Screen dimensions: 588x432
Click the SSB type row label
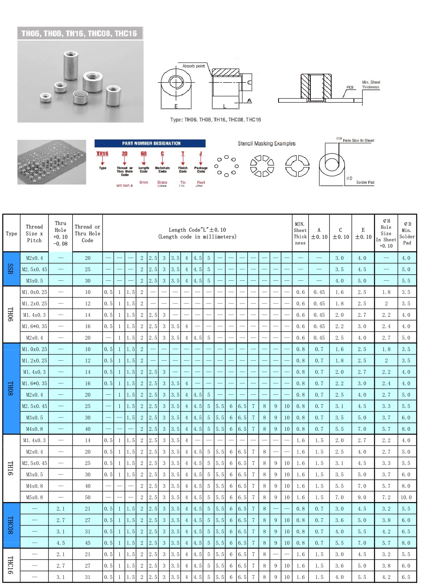point(11,269)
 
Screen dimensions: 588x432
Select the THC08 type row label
point(11,525)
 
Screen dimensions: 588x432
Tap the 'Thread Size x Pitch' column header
point(34,233)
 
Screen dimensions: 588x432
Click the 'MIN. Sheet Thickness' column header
point(300,233)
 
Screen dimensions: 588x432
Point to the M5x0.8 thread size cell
point(34,497)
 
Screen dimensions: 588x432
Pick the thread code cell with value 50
point(88,497)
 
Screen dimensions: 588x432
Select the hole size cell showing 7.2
point(386,497)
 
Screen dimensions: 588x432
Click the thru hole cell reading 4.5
point(60,543)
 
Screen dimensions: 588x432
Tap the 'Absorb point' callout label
point(194,66)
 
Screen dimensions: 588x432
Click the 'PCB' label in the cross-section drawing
point(350,88)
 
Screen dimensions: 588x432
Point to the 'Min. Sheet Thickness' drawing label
point(371,84)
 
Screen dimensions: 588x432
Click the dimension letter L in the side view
point(225,106)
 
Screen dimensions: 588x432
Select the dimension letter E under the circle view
point(176,106)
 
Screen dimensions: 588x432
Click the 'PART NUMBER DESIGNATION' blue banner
point(150,143)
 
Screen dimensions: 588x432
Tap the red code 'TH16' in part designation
point(102,153)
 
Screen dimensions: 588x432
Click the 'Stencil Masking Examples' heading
point(266,144)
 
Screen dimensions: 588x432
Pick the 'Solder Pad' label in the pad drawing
point(365,182)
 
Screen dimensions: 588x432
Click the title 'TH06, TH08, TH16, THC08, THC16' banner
point(80,33)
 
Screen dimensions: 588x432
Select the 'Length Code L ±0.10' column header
point(197,233)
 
